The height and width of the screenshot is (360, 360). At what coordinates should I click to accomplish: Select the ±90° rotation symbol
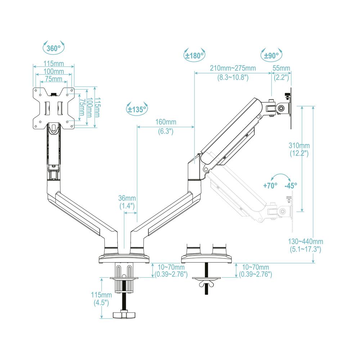[x=271, y=55]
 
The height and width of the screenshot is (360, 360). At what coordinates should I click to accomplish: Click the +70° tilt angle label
[x=270, y=186]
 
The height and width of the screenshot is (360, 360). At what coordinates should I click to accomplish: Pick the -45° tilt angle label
[x=291, y=186]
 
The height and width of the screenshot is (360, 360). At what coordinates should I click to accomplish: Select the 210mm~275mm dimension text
[x=233, y=68]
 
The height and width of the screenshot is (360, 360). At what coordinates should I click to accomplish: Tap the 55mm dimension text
[x=282, y=68]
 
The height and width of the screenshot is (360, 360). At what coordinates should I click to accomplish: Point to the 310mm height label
[x=299, y=146]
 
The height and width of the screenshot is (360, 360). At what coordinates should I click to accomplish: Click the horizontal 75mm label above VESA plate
[x=54, y=79]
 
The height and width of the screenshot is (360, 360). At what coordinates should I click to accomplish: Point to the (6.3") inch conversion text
[x=166, y=131]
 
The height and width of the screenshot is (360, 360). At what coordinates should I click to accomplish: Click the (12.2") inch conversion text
[x=299, y=153]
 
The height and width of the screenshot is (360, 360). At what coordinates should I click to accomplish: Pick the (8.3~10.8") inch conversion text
[x=233, y=77]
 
